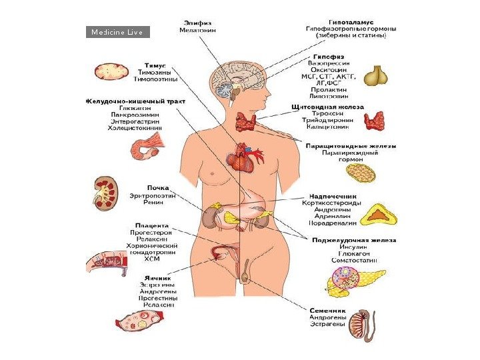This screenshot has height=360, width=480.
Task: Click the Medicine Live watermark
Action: tap(117, 32)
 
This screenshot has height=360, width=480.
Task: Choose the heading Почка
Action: tap(157, 187)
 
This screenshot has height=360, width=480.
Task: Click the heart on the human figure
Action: tap(239, 159)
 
